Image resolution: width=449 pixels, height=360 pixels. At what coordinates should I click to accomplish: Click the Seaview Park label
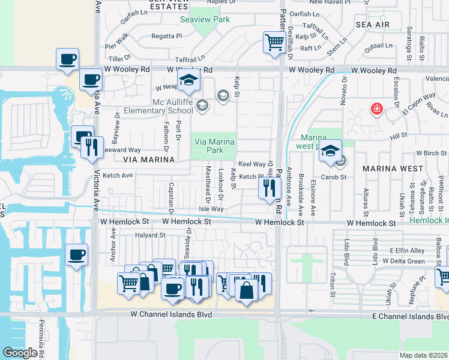205,19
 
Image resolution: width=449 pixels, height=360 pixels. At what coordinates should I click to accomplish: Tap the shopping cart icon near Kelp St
274,43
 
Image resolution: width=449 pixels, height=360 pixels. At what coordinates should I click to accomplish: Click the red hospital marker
376,110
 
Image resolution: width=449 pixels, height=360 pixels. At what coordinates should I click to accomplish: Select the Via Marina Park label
214,146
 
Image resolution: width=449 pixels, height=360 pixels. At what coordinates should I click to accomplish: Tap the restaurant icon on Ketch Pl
270,187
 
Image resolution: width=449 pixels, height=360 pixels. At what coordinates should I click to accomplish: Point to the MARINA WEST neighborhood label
393,169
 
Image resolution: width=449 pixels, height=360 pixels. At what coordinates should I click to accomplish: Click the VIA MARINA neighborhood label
148,160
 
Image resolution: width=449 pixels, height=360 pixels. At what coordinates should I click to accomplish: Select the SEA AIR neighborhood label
372,25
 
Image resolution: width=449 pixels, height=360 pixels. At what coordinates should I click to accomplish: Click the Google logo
20,353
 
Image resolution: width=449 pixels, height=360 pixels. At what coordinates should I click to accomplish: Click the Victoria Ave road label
95,186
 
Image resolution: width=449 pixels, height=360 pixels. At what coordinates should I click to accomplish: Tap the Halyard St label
150,235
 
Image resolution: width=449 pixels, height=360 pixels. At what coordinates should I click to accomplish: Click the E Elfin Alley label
406,250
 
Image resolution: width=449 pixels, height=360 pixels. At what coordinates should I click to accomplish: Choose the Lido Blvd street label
375,252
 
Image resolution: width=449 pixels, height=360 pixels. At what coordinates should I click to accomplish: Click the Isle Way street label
211,209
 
